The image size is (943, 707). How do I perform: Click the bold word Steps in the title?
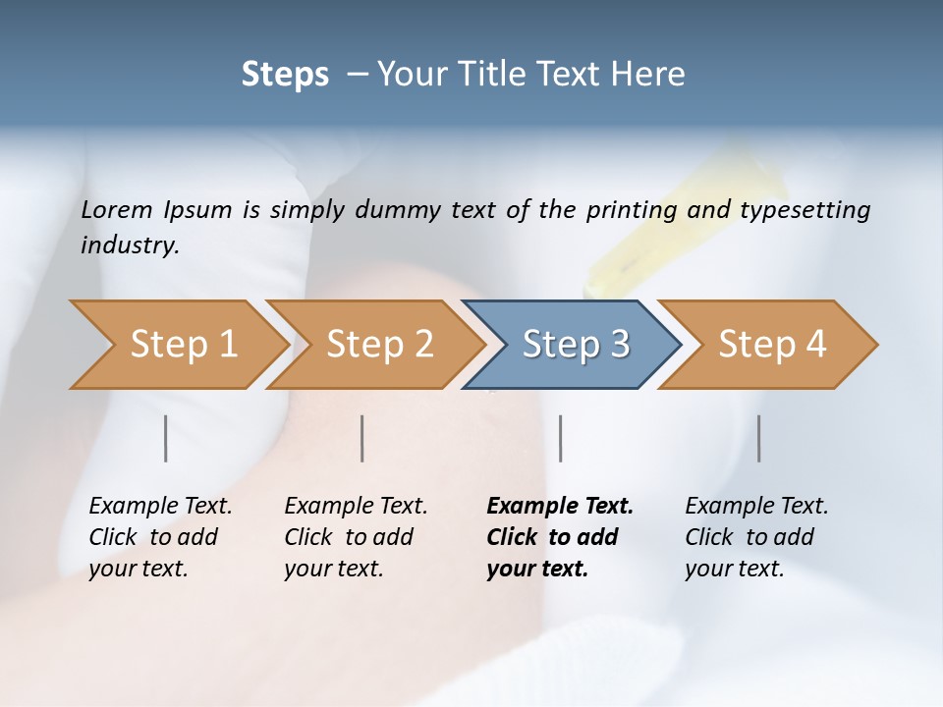(x=285, y=75)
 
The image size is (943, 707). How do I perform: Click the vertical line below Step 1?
(x=166, y=438)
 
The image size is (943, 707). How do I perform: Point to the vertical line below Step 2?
(x=362, y=438)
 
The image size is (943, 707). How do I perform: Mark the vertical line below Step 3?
(x=561, y=438)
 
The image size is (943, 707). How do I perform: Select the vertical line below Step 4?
(x=759, y=438)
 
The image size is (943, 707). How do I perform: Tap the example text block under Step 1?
(x=160, y=537)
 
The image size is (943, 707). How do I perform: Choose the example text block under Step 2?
(x=356, y=537)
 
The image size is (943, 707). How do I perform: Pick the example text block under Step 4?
(x=756, y=537)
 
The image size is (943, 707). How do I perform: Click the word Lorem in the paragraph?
(x=116, y=210)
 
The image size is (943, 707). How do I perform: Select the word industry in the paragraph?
(x=129, y=245)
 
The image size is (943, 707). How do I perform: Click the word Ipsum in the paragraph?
(x=197, y=210)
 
